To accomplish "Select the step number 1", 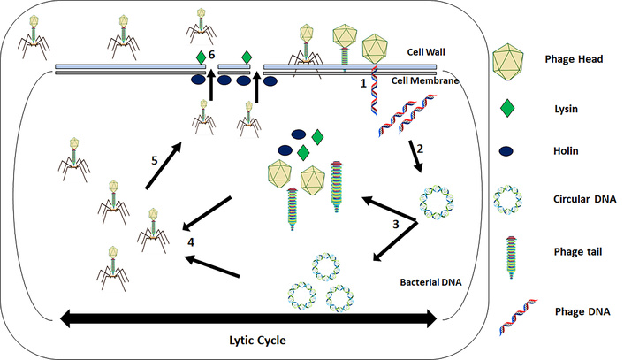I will tap(361, 84).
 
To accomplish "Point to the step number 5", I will tap(154, 161).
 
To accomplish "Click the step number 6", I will tap(212, 55).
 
